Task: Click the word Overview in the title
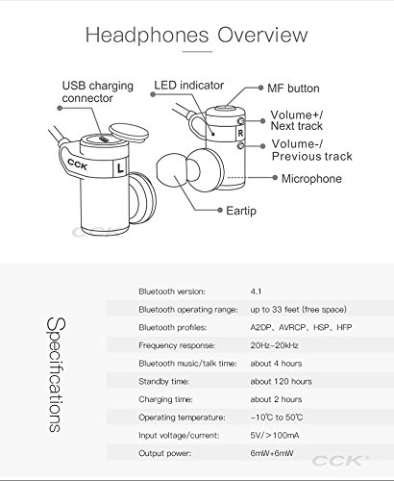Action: coord(262,35)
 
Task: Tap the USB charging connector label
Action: coord(97,91)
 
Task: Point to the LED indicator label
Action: coord(188,86)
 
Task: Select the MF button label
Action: coord(293,89)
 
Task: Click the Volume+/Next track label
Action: coord(297,120)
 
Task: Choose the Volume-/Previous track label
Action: coord(312,150)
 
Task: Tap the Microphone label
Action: coord(311,179)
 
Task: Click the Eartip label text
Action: coord(241,211)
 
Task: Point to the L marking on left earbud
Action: coord(120,167)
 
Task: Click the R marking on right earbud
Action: coord(240,133)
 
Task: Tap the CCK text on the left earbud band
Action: coord(78,165)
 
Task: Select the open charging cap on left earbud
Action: coord(129,133)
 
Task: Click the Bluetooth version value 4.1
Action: coord(256,291)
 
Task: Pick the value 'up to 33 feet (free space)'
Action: coord(299,310)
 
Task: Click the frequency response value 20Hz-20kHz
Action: coord(274,345)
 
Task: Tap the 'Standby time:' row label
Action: coord(163,381)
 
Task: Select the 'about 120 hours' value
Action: coord(281,381)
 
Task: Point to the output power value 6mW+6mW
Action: coord(272,453)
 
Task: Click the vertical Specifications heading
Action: coord(56,374)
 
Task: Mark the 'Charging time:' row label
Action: coord(165,399)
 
